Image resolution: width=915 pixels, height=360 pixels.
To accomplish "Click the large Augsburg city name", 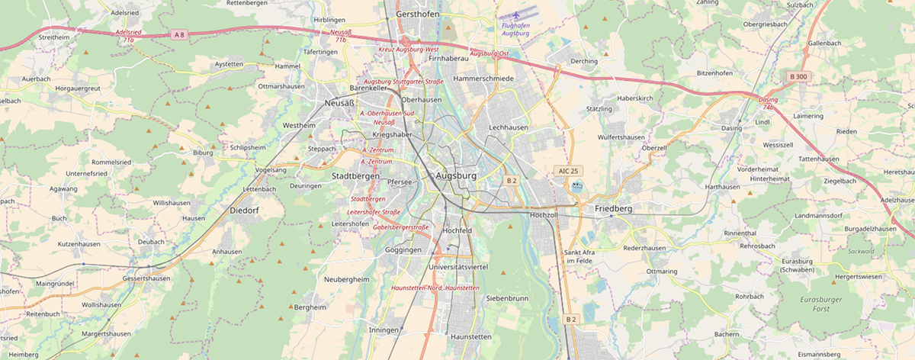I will coord(455,176).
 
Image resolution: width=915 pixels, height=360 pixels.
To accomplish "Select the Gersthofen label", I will coord(419,14).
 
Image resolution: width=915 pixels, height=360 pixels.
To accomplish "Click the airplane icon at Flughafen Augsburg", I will coord(518,14).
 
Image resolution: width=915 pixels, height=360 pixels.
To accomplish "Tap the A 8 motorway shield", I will coord(179,34).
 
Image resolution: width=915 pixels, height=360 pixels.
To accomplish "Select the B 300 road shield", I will coord(798,76).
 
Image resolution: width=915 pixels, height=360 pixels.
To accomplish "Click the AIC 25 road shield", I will coord(569,170).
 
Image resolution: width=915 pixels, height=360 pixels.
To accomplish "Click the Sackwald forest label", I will coord(860,250).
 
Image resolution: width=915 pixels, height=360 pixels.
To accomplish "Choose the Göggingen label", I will coord(403,249).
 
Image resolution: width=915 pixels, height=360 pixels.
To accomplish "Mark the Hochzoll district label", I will coord(544,216).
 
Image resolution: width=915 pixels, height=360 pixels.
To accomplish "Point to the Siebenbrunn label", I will coord(507,298).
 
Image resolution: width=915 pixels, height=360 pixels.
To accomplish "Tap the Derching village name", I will coord(584,60).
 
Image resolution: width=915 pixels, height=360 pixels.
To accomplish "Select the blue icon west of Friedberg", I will coord(576,185).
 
